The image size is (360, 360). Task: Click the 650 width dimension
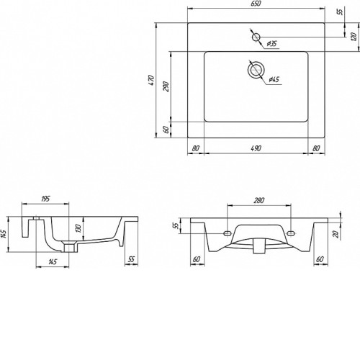click(256, 4)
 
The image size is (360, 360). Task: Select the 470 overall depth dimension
click(151, 80)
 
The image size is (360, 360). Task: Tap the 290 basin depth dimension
click(166, 86)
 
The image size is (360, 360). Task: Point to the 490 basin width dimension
click(256, 148)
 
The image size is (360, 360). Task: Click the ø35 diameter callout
click(272, 44)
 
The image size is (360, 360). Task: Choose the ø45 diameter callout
click(274, 79)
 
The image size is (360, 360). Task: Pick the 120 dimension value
click(354, 37)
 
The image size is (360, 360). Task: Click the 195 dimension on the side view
click(45, 199)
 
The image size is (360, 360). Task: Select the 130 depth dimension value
click(78, 228)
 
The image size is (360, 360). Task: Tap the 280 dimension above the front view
click(258, 200)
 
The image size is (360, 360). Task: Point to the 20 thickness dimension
click(337, 233)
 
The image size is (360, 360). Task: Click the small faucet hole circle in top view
click(256, 37)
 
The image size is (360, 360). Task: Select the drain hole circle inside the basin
click(256, 70)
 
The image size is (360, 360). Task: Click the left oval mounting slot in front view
click(227, 233)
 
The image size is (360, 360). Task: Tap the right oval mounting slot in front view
click(291, 233)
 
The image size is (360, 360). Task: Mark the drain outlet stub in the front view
click(258, 246)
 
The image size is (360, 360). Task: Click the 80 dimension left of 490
click(196, 148)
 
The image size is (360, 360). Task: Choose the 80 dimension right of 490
click(316, 148)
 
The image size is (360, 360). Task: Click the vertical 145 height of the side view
click(4, 234)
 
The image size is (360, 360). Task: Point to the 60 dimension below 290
click(166, 130)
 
